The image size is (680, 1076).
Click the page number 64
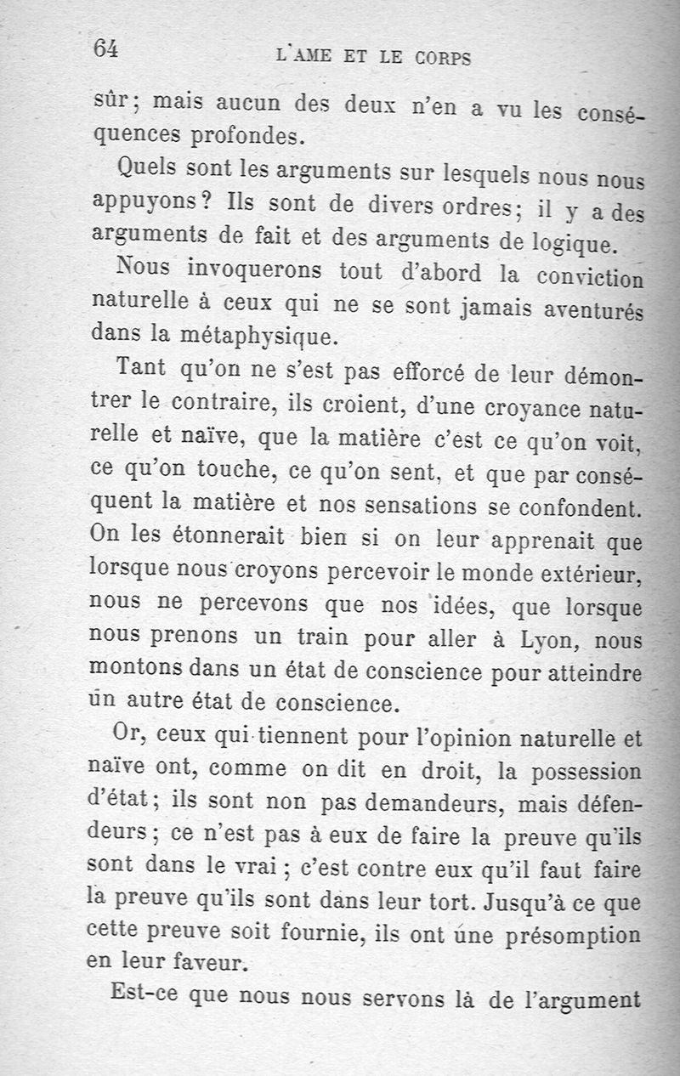click(x=105, y=48)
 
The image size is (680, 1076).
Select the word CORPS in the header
click(x=444, y=59)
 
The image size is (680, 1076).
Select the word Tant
click(x=142, y=368)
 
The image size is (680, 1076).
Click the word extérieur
click(x=587, y=574)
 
